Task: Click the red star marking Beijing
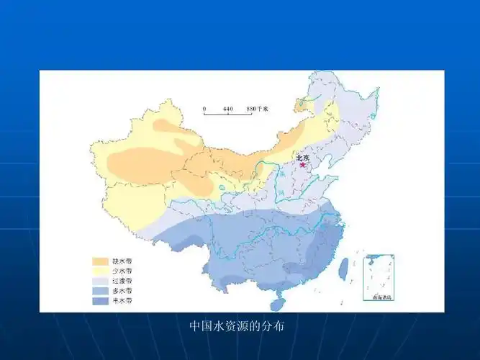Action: click(x=303, y=165)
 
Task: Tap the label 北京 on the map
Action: click(x=303, y=157)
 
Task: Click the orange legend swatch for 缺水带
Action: click(x=99, y=261)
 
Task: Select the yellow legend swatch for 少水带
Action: click(x=99, y=271)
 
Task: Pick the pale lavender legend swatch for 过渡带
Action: click(x=99, y=280)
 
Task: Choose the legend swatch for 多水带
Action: click(x=99, y=290)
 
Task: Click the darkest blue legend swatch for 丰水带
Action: click(x=99, y=300)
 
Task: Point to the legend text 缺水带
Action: click(x=122, y=261)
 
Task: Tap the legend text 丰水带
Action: click(x=122, y=300)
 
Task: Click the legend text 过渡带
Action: click(x=122, y=280)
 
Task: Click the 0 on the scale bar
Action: click(x=204, y=109)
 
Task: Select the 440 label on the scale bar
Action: click(x=228, y=109)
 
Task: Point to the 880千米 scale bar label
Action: click(x=257, y=109)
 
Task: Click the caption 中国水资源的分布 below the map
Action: click(x=237, y=326)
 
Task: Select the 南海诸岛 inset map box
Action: click(x=379, y=278)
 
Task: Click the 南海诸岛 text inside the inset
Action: click(x=379, y=297)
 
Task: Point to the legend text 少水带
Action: click(x=122, y=271)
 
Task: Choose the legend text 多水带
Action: click(x=122, y=290)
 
